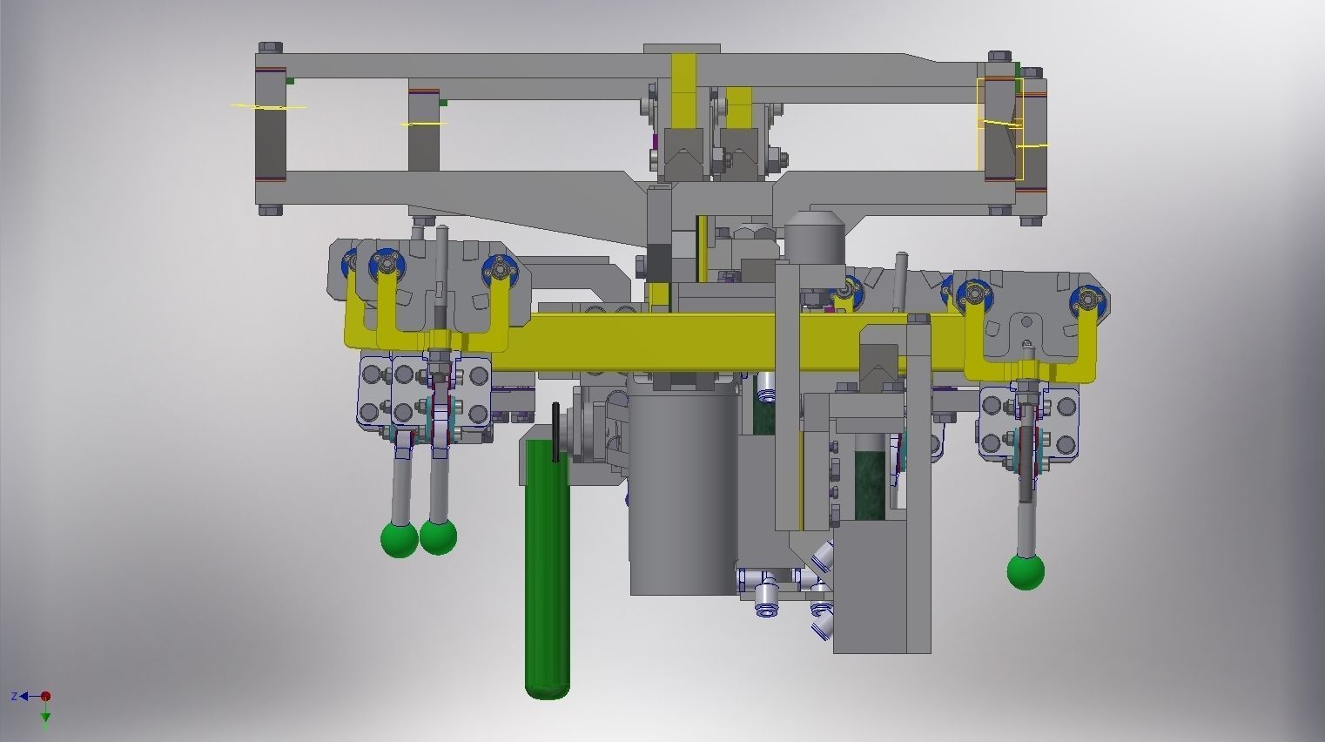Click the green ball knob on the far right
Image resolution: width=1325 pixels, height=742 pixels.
coord(1026,572)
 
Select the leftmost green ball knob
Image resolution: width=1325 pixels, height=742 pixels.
coord(400,539)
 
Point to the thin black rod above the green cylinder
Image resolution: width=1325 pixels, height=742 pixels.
coord(555,431)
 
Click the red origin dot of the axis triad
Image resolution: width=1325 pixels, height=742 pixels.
coord(46,696)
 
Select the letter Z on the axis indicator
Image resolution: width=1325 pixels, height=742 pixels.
coord(15,696)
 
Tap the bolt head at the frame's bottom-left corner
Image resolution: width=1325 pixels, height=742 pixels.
coord(269,209)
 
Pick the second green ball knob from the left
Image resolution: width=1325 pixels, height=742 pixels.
coord(438,536)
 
